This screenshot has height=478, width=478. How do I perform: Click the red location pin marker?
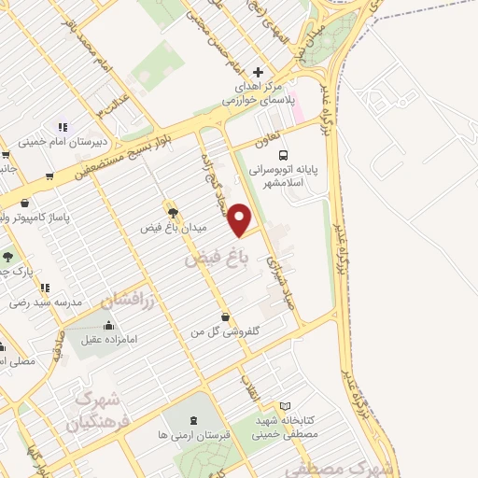click(x=240, y=219)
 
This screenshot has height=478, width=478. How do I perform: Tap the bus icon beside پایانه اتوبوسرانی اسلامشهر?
click(x=283, y=156)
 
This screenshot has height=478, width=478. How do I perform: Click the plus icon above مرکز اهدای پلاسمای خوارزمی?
click(x=259, y=72)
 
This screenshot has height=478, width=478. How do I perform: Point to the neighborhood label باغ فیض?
click(x=206, y=260)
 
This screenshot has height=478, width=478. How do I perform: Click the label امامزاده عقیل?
click(x=108, y=341)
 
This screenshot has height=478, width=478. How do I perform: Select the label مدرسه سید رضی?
click(x=47, y=302)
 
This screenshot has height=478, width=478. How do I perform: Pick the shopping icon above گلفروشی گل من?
click(x=225, y=316)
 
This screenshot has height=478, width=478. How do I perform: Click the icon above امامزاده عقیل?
click(x=108, y=326)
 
